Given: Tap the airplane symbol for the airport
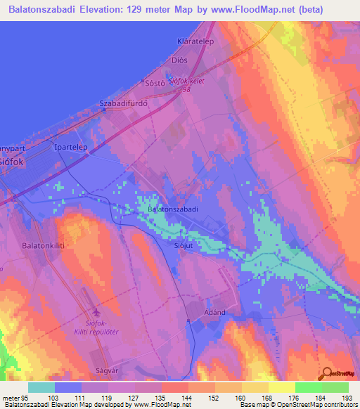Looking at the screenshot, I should click(96, 313).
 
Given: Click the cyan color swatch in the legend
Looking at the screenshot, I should click(41, 387).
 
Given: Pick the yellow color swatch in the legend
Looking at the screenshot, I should click(282, 387).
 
